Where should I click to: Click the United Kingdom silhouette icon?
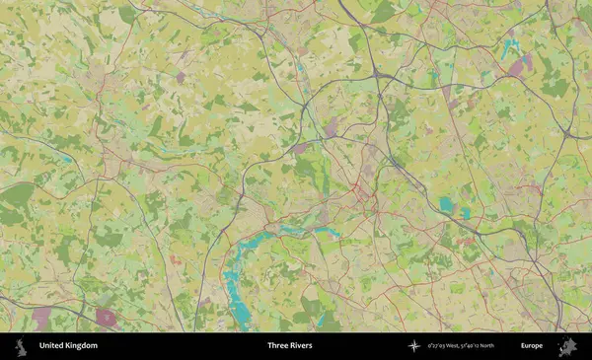(x=20, y=346)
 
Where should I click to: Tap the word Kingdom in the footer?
(x=83, y=346)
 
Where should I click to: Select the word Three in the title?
(x=278, y=346)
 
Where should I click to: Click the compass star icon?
(x=414, y=346)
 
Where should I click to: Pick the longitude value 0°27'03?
(x=439, y=346)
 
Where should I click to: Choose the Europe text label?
(x=531, y=346)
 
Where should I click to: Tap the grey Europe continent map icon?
(x=567, y=346)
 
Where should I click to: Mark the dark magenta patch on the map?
(x=107, y=318)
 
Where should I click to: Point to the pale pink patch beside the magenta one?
(x=41, y=318)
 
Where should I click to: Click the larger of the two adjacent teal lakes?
(x=447, y=205)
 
